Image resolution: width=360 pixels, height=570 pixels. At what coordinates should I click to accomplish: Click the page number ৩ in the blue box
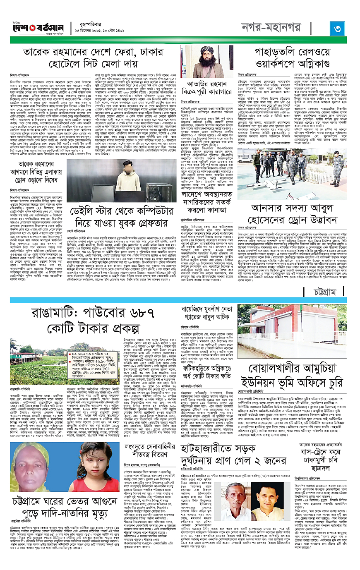338,28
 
